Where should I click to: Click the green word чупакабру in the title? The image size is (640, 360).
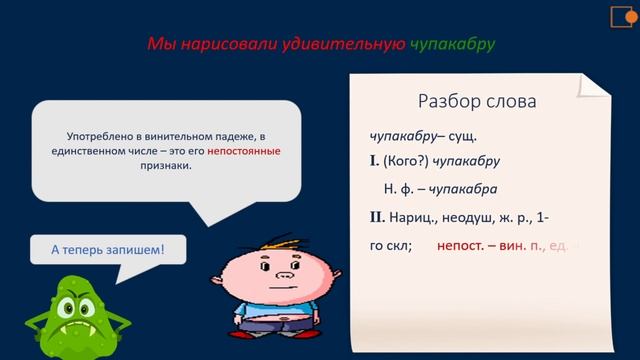(452, 45)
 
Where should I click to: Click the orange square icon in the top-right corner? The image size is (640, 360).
(619, 15)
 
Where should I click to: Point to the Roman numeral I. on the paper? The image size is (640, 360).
(374, 160)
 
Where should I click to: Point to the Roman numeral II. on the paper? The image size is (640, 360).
(377, 217)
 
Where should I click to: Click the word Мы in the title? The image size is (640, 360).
(160, 45)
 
